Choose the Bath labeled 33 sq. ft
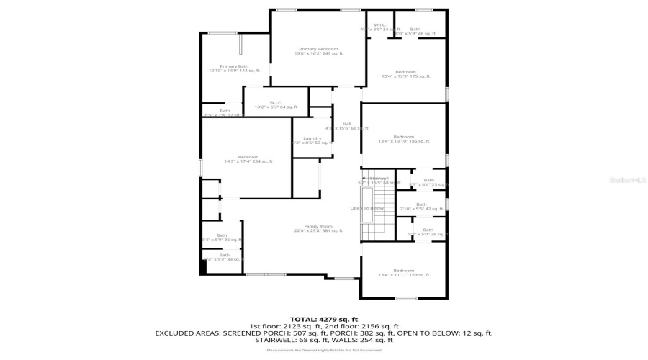224,256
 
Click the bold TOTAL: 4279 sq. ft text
323,319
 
